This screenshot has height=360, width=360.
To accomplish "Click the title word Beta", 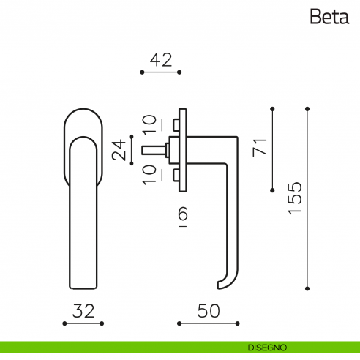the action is pos(329,16).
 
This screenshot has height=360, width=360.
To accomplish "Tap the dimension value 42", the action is pos(161,60).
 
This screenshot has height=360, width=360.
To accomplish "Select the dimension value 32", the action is pos(83,311).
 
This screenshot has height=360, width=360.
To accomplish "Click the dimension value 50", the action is pos(209,311).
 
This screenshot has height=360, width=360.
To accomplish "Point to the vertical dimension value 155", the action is pos(295,198).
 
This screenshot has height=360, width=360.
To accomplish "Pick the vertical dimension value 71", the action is pos(260,147).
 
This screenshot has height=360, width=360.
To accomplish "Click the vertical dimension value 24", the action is pos(119,150).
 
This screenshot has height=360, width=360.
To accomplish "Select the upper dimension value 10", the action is pos(149,124).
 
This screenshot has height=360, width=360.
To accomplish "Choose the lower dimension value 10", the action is pos(149,175).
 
